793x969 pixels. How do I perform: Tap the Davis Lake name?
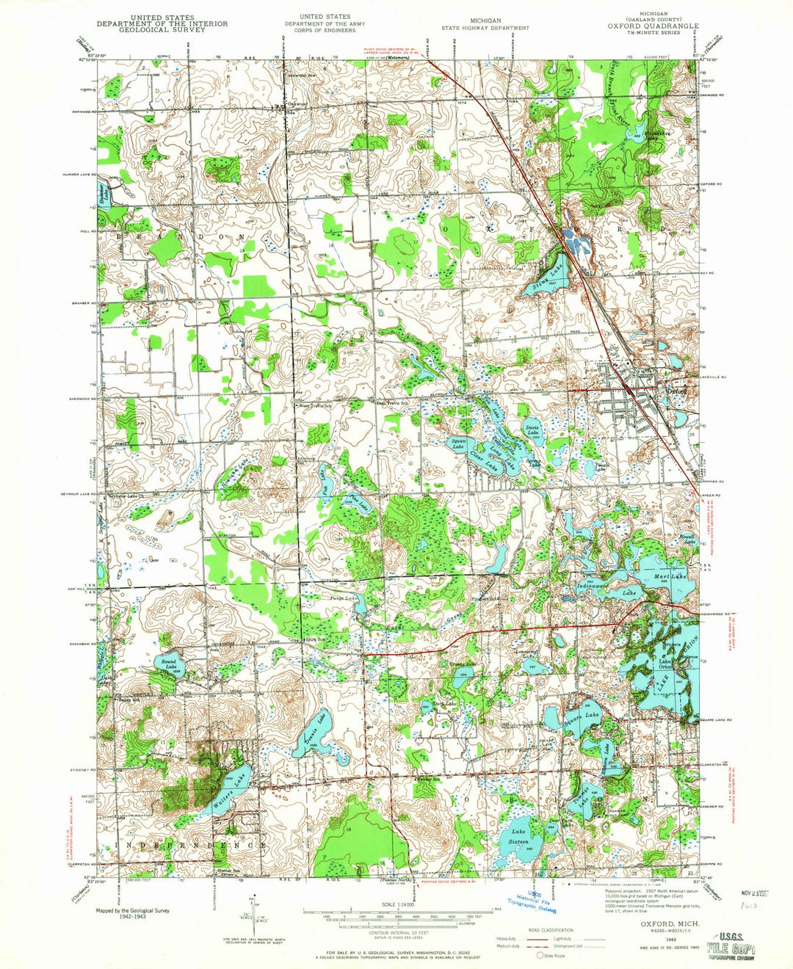(x=534, y=430)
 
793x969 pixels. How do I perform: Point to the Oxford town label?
(x=676, y=392)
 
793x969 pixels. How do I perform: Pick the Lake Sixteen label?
(x=522, y=836)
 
